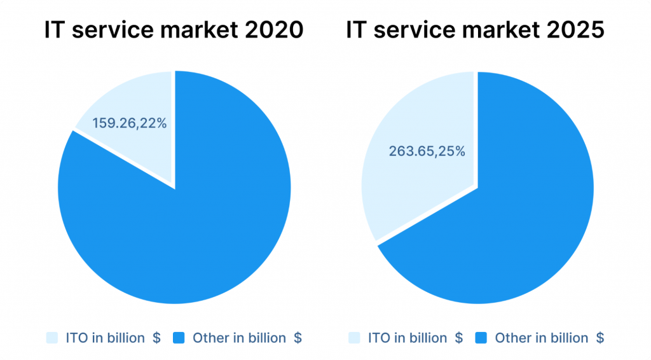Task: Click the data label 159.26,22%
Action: [x=130, y=123]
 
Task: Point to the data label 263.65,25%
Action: [x=427, y=151]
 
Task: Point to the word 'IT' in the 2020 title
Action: [x=54, y=30]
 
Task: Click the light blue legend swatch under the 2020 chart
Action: [x=53, y=338]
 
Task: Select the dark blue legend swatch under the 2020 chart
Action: [x=180, y=338]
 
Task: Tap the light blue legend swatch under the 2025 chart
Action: [x=355, y=338]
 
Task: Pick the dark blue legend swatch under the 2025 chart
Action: [x=482, y=338]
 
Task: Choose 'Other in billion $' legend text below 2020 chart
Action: [x=247, y=338]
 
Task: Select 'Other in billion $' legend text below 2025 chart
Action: [x=549, y=338]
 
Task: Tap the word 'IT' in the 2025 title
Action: [x=356, y=30]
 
